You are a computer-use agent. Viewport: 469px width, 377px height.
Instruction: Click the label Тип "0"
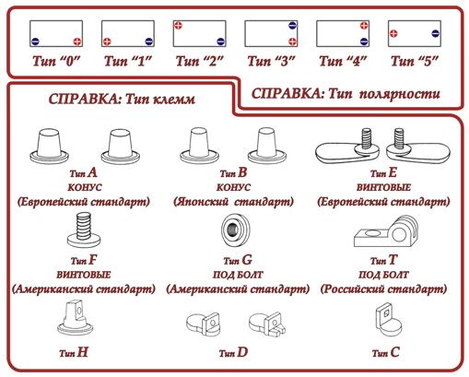point(53,61)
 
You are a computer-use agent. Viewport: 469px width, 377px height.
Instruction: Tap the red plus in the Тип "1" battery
point(107,41)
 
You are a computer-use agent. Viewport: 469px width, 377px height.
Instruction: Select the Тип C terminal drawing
point(386,324)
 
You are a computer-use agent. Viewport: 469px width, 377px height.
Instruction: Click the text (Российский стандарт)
point(380,289)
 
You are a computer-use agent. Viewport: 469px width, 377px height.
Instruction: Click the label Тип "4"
point(343,61)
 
